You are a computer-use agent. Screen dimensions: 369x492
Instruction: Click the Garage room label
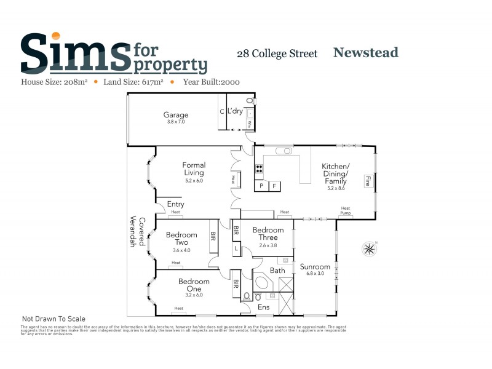tap(176, 115)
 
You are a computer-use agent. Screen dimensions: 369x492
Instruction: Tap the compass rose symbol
tap(369, 248)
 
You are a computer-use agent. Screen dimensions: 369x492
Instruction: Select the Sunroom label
tap(315, 267)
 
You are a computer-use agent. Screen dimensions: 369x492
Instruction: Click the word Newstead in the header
tap(365, 52)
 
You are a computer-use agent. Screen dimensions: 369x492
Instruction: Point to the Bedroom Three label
tap(265, 234)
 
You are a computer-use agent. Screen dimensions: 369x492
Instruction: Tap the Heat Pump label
tap(346, 210)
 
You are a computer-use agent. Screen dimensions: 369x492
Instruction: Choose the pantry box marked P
tap(261, 185)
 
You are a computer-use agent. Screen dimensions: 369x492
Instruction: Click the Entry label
tap(176, 204)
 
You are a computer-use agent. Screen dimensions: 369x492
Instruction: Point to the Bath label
tap(277, 270)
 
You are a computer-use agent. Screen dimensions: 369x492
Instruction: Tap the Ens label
tap(263, 306)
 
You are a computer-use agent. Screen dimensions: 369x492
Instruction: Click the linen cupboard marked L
tap(236, 248)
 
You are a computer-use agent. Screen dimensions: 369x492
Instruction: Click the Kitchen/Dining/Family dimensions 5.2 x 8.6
tap(336, 188)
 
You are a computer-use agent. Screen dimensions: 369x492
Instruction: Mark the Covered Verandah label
tap(137, 232)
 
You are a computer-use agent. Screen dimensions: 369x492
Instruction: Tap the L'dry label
tap(235, 111)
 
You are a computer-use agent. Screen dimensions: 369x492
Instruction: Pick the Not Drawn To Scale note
tap(54, 319)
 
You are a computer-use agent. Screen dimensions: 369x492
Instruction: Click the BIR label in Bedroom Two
tap(213, 235)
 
